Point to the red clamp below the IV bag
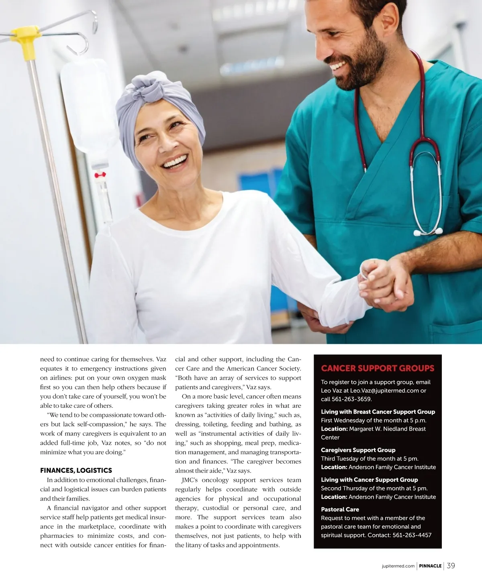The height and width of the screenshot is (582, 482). pyautogui.click(x=100, y=175)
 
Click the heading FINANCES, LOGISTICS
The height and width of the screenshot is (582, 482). pyautogui.click(x=76, y=470)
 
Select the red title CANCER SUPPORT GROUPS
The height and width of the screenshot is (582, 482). pyautogui.click(x=378, y=368)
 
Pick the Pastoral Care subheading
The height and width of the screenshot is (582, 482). pyautogui.click(x=340, y=509)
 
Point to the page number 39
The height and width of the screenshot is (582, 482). pyautogui.click(x=451, y=566)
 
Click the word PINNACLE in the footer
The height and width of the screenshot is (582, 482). pyautogui.click(x=430, y=566)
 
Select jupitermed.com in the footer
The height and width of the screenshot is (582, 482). pyautogui.click(x=398, y=566)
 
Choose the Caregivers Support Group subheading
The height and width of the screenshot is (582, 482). pyautogui.click(x=358, y=450)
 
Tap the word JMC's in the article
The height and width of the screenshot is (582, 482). pyautogui.click(x=190, y=480)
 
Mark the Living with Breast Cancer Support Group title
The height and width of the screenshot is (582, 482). pyautogui.click(x=378, y=412)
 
